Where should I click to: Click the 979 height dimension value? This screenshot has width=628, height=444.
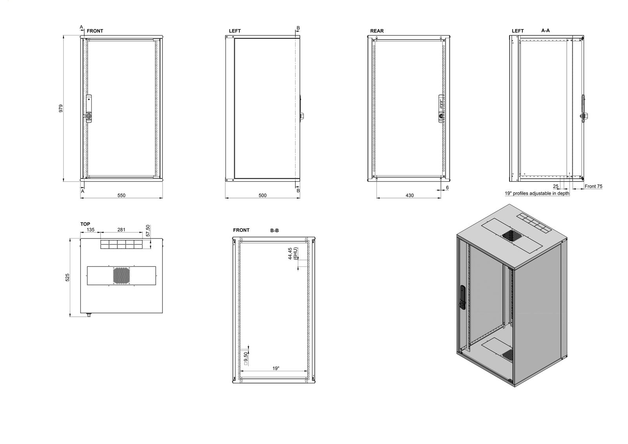(61, 108)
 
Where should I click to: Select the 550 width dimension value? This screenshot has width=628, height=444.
(121, 195)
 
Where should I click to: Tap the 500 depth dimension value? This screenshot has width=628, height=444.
(263, 195)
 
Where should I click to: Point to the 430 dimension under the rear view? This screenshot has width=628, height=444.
(410, 195)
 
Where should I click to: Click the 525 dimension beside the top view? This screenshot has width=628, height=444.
(67, 277)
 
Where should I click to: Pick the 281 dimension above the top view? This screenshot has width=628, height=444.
(121, 230)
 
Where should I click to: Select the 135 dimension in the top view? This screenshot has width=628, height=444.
(90, 230)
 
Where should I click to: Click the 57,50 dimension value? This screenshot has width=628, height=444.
(148, 230)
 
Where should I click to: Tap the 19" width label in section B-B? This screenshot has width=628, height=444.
(276, 368)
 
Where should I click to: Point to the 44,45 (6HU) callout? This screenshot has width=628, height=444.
(293, 253)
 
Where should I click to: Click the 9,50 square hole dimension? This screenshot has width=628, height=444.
(246, 358)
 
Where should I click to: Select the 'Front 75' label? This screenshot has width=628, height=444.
(593, 186)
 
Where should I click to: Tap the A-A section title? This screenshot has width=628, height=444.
(546, 31)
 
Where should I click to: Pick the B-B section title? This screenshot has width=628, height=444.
(274, 231)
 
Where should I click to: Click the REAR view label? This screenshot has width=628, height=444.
(377, 31)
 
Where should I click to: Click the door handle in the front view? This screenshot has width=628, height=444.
(88, 109)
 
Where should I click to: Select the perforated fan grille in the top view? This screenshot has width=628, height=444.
(121, 275)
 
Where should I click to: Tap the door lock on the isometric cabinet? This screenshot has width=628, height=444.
(462, 297)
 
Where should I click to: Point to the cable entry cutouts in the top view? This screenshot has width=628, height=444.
(121, 244)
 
